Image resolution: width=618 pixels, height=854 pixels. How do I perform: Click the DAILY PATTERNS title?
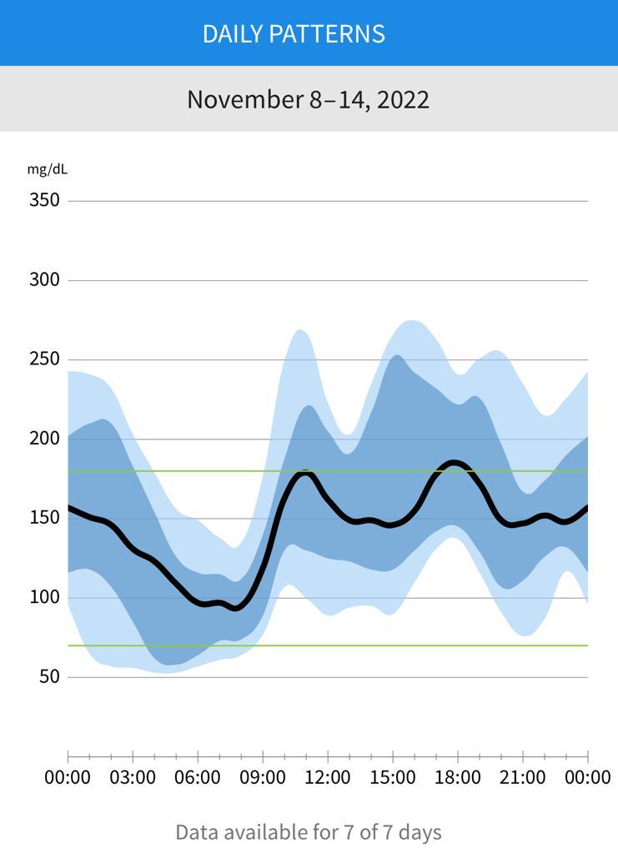(x=294, y=33)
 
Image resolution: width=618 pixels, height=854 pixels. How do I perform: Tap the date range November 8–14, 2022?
(x=308, y=99)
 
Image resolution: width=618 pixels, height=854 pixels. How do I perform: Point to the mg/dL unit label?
(x=48, y=169)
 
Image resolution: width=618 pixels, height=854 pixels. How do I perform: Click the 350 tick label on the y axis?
(x=44, y=200)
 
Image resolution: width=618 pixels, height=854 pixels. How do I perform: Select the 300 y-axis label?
(x=44, y=280)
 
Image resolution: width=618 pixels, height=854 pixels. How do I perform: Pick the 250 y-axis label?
(x=44, y=359)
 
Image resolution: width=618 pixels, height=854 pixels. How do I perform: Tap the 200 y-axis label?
(x=44, y=439)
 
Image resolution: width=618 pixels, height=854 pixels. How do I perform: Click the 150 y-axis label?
(x=44, y=518)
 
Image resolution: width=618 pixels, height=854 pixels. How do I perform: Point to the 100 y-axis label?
(x=44, y=597)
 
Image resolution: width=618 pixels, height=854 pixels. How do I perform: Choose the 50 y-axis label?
(x=49, y=676)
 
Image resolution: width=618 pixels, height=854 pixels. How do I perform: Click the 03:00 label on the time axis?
(x=133, y=778)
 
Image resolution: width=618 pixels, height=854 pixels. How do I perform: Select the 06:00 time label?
(x=198, y=778)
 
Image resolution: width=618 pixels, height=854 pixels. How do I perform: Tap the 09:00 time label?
(x=263, y=778)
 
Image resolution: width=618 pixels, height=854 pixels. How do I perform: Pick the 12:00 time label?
(x=328, y=778)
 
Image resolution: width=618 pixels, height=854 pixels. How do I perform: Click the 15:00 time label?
(x=393, y=778)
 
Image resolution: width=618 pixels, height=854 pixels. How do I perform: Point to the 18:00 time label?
(x=458, y=778)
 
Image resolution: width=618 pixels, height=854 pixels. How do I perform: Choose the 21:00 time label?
(x=523, y=778)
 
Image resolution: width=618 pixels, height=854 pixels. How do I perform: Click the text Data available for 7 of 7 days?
(x=308, y=831)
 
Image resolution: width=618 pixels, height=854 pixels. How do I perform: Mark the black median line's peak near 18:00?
(x=454, y=463)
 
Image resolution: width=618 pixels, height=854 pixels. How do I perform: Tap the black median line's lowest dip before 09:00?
(x=236, y=608)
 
